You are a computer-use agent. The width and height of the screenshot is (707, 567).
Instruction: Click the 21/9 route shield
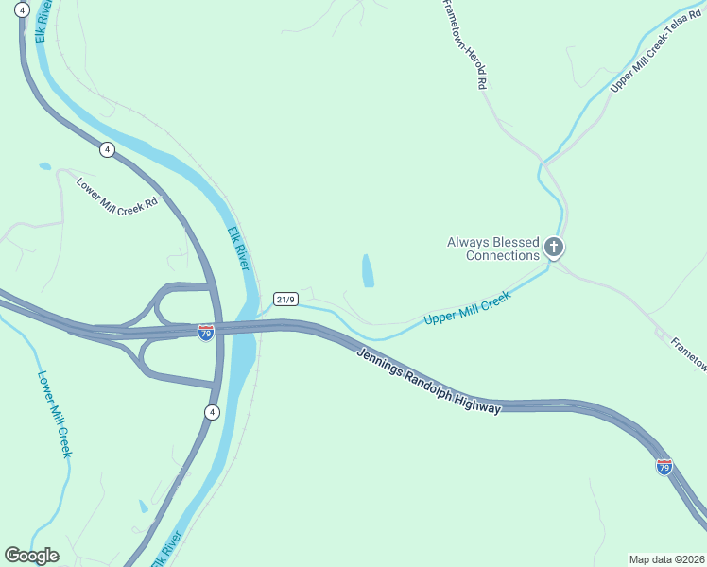tap(285, 300)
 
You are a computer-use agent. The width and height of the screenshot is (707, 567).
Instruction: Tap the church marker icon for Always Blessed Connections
tap(554, 249)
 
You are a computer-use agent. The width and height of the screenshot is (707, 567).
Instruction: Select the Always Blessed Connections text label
tap(493, 249)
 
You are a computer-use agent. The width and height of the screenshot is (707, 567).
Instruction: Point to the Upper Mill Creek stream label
tap(467, 308)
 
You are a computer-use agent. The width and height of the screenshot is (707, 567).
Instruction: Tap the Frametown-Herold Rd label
tap(465, 44)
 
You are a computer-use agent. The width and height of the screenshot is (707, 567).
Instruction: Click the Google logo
tap(31, 556)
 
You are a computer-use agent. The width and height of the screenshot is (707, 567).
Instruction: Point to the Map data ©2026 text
tap(665, 558)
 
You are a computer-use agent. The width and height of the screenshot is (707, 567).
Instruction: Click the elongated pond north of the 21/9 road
tap(367, 271)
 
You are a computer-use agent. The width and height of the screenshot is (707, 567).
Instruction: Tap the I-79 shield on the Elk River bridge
tap(206, 332)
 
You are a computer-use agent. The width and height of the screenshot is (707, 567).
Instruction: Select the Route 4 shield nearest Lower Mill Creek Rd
tap(107, 149)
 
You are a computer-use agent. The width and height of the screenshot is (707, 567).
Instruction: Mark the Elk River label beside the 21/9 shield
tap(240, 249)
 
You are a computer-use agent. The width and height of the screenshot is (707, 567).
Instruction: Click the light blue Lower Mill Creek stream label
tap(54, 413)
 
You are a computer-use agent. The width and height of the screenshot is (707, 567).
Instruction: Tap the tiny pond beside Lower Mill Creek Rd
tap(44, 166)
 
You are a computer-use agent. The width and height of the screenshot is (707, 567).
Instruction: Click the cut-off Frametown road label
tap(687, 353)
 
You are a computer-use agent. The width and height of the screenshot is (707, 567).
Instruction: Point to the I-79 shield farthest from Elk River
tap(664, 467)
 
